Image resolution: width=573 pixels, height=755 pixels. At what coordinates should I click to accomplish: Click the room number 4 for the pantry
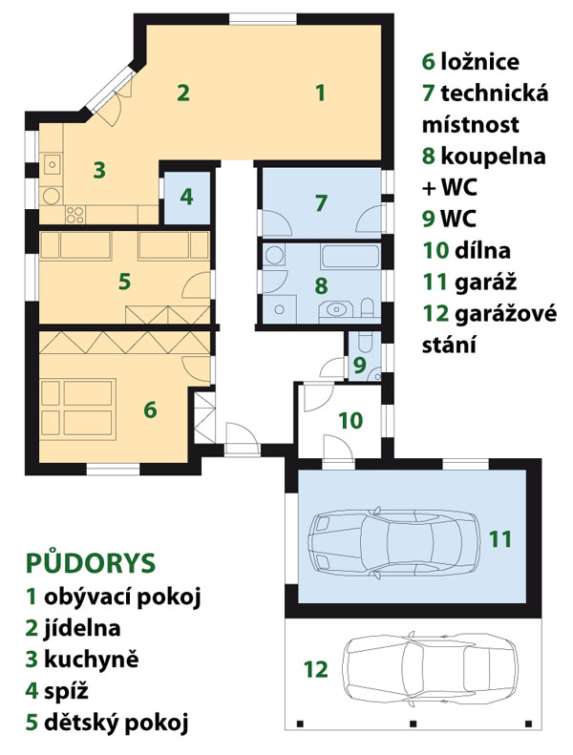[186, 197]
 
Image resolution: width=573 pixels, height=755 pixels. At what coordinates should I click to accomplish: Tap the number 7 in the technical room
[321, 202]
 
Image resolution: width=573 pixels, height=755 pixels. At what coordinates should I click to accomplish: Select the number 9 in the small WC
[359, 366]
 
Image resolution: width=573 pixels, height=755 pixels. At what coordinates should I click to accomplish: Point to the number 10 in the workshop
[350, 420]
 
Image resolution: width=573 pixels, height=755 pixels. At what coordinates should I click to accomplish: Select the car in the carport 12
[431, 669]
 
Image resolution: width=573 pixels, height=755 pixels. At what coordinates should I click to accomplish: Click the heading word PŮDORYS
[91, 563]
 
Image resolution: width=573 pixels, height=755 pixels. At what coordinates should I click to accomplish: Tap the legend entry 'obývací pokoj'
[122, 598]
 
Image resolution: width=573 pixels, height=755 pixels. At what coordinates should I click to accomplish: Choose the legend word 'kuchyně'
[91, 660]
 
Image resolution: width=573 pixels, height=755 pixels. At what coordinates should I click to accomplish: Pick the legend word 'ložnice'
[480, 62]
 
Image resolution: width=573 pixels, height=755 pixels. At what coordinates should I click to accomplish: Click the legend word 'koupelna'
[493, 157]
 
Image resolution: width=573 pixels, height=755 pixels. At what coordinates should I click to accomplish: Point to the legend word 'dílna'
[482, 251]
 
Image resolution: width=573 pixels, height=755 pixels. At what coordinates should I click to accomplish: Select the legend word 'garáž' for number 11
[485, 283]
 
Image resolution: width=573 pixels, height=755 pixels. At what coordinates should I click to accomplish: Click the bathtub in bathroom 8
[350, 257]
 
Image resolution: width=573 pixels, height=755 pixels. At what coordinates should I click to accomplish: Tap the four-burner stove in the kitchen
[74, 214]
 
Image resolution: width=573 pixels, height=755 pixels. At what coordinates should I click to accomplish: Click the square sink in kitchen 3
[52, 165]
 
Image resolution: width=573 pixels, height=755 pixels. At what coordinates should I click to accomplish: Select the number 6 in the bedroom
[150, 409]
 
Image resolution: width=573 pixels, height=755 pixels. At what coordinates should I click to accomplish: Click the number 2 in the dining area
[182, 93]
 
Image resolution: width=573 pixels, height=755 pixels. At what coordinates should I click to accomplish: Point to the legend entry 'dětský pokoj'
[117, 723]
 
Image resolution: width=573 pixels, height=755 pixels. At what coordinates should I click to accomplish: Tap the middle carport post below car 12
[413, 724]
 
